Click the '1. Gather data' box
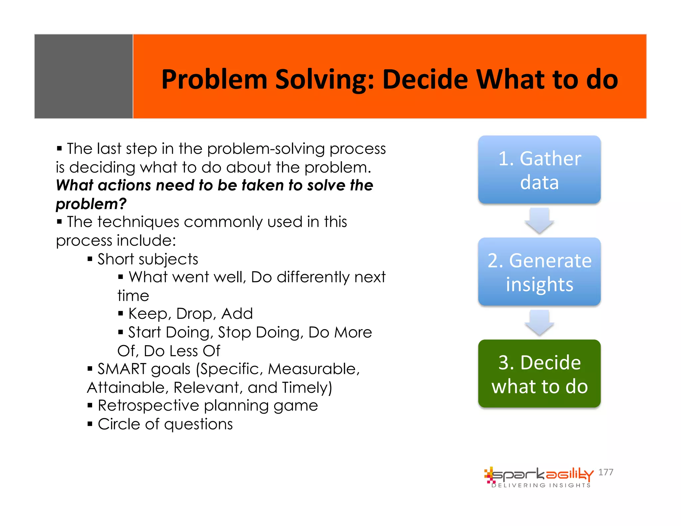coord(539,170)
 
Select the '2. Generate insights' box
coord(539,272)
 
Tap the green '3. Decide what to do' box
coord(539,374)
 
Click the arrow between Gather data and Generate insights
coord(539,220)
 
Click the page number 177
coord(606,472)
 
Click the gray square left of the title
coord(83,76)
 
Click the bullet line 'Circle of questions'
coord(165,424)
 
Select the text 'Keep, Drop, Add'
coord(191,314)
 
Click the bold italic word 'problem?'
coord(91,204)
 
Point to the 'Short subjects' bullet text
coord(148,259)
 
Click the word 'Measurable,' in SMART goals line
coord(314,369)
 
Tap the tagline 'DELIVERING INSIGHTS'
coord(541,485)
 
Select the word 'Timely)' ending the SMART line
coord(307,388)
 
